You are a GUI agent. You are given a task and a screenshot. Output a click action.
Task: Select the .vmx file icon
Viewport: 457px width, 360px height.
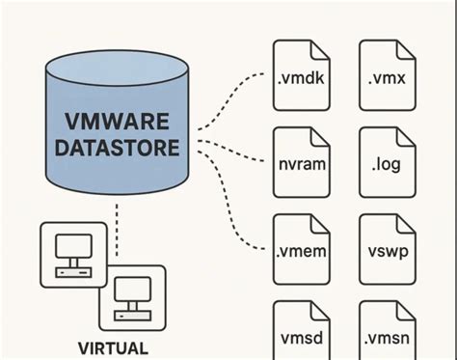pyautogui.click(x=386, y=75)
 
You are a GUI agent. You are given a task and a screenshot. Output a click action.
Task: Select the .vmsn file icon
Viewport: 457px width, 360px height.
pyautogui.click(x=386, y=333)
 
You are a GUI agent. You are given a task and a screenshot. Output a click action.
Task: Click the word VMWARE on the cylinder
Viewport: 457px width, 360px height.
pyautogui.click(x=119, y=124)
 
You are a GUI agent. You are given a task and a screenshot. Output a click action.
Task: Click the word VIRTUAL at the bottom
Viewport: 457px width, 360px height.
pyautogui.click(x=114, y=347)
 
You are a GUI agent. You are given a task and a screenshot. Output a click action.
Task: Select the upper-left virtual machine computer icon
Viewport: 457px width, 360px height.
pyautogui.click(x=72, y=253)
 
